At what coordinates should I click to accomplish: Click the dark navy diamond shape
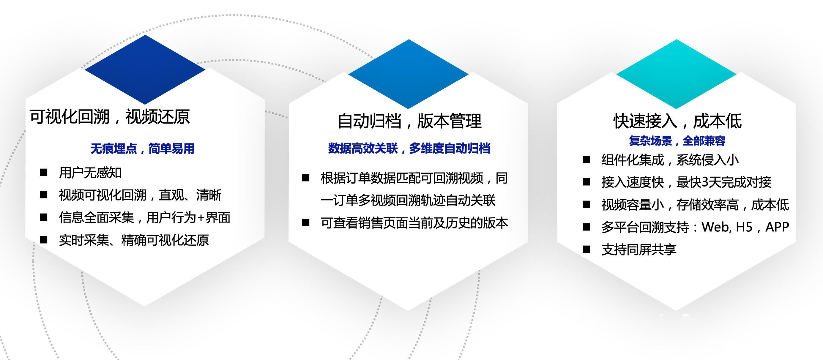(145, 70)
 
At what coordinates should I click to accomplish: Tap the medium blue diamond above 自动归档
(408, 74)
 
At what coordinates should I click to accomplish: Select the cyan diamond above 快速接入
(676, 74)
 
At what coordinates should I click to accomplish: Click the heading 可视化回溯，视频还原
(110, 117)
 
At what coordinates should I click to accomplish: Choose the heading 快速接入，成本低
(678, 121)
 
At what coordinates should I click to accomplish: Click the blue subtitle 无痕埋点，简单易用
(143, 149)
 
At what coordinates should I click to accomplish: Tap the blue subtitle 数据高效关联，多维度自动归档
(409, 149)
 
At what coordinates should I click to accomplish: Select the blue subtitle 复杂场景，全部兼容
(677, 141)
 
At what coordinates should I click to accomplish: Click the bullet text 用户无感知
(90, 173)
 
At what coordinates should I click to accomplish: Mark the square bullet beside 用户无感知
(43, 173)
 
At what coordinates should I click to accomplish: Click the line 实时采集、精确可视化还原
(134, 240)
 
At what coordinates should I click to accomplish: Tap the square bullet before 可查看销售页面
(306, 223)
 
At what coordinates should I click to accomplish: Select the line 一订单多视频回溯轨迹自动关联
(408, 200)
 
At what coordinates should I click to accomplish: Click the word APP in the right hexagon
(777, 227)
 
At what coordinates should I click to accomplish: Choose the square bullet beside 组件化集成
(586, 160)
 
